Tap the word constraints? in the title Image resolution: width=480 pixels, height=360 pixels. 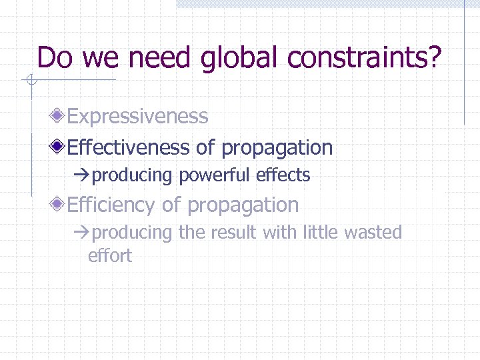[365, 58]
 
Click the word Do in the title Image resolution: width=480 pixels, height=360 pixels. [55, 58]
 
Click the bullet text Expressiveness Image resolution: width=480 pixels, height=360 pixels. [138, 117]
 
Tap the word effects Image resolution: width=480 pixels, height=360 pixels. [285, 175]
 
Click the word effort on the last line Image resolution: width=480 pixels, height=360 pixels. [110, 255]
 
